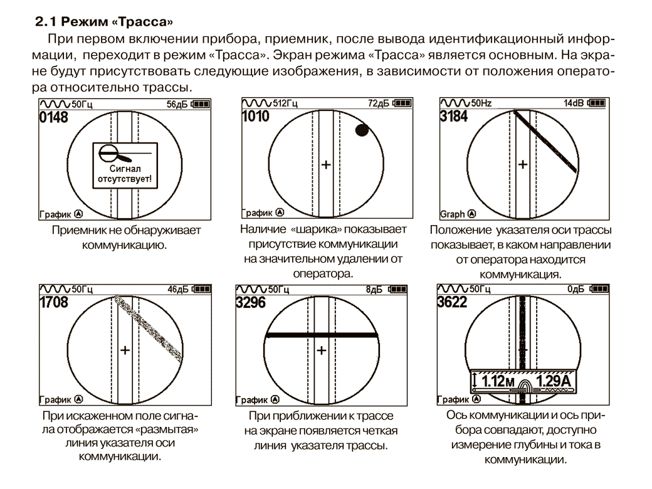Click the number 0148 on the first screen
[54, 117]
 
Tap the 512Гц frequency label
[285, 103]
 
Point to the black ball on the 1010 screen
[362, 130]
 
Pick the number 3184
[454, 117]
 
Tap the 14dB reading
[574, 103]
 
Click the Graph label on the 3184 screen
[453, 214]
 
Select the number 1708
[54, 302]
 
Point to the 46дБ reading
[178, 290]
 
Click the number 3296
[250, 302]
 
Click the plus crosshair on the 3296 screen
[322, 350]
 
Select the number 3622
[452, 302]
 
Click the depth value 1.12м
[498, 381]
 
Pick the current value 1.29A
[553, 381]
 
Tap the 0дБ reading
[576, 289]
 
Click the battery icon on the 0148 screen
[201, 103]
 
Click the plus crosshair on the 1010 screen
[327, 165]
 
